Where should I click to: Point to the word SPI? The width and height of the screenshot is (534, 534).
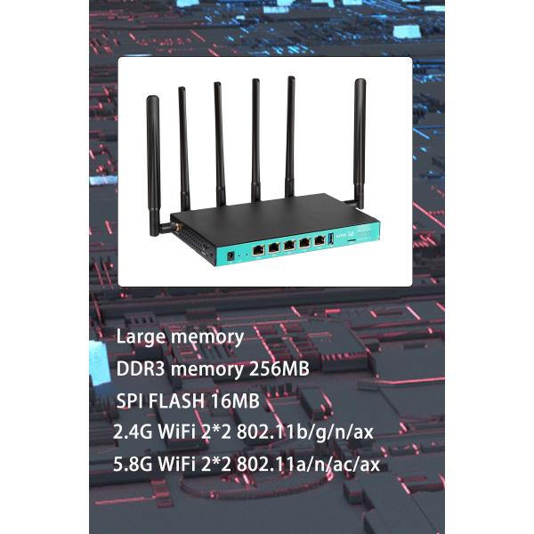tap(130, 400)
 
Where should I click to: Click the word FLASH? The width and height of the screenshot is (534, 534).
tap(177, 400)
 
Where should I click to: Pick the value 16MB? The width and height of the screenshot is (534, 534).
tap(234, 400)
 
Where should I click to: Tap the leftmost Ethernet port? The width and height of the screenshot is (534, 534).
tap(257, 250)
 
